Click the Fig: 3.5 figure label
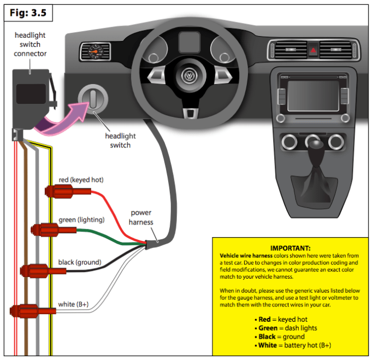pos(26,12)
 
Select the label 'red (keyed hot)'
pos(81,180)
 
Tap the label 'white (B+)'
pos(73,304)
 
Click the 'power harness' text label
pos(141,217)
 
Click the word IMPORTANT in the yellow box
pos(290,247)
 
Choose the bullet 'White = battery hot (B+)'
pos(295,345)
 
